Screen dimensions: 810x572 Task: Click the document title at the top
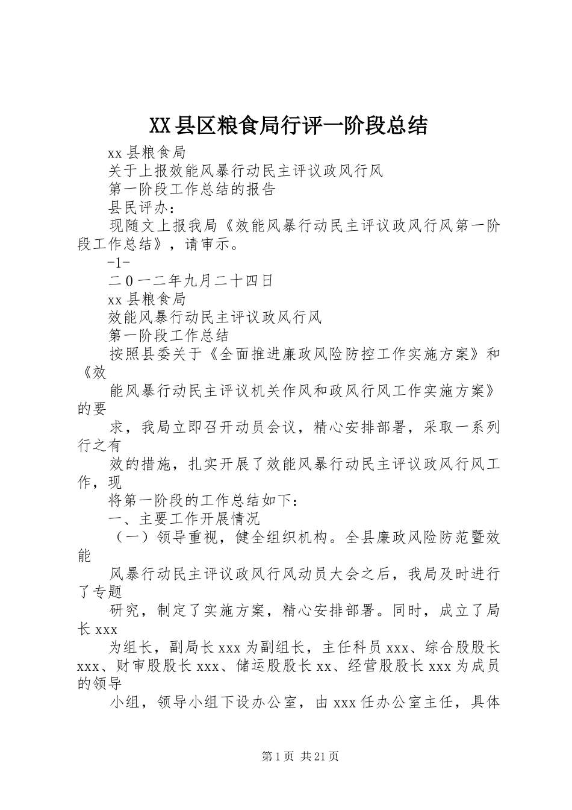287,125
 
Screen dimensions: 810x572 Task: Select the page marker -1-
118,263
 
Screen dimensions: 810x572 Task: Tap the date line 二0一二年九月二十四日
191,281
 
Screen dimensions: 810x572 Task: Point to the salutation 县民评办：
142,208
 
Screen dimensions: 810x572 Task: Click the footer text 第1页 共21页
300,756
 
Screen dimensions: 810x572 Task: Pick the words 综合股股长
462,648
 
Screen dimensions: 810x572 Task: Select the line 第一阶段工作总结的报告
191,189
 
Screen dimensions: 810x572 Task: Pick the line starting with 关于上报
246,171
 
